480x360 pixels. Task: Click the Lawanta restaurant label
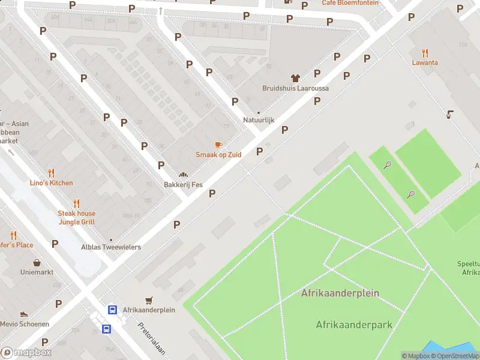pos(424,62)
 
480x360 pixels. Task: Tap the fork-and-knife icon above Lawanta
pos(425,52)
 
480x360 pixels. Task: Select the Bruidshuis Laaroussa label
pos(295,88)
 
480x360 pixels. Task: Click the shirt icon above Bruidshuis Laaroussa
pos(295,78)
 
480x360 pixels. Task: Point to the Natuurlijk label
pos(259,120)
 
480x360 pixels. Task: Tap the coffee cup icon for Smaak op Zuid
pos(218,145)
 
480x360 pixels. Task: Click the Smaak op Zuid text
pos(218,155)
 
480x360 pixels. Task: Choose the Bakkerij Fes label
pos(182,185)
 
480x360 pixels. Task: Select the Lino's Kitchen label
pos(52,183)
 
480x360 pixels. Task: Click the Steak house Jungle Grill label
pos(76,218)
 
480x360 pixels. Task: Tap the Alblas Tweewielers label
pos(111,247)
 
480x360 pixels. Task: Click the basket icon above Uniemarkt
pos(37,263)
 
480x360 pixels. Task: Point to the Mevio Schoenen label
pos(25,324)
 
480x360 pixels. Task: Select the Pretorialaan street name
pos(151,340)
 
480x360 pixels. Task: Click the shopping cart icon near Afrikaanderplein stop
pos(149,300)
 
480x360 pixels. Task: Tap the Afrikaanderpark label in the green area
pos(354,325)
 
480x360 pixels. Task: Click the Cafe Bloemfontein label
pos(350,3)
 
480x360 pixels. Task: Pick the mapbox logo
pos(26,353)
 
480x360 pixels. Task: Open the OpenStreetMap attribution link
pos(455,356)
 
